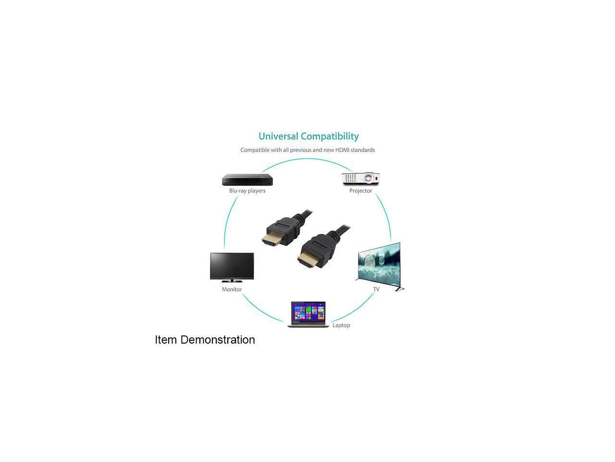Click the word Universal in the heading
click(x=278, y=136)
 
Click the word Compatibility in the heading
click(x=330, y=137)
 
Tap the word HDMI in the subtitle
click(x=342, y=150)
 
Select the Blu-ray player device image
click(x=247, y=180)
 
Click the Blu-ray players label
click(x=247, y=191)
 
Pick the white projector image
click(x=360, y=179)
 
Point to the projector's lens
click(x=369, y=179)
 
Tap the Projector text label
click(x=360, y=191)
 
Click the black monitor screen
click(x=232, y=265)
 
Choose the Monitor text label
click(x=232, y=289)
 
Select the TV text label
click(x=376, y=289)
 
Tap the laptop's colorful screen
click(x=308, y=312)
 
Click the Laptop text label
click(x=341, y=325)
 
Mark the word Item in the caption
click(x=166, y=340)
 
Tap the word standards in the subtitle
click(x=363, y=150)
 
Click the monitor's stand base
click(x=232, y=281)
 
